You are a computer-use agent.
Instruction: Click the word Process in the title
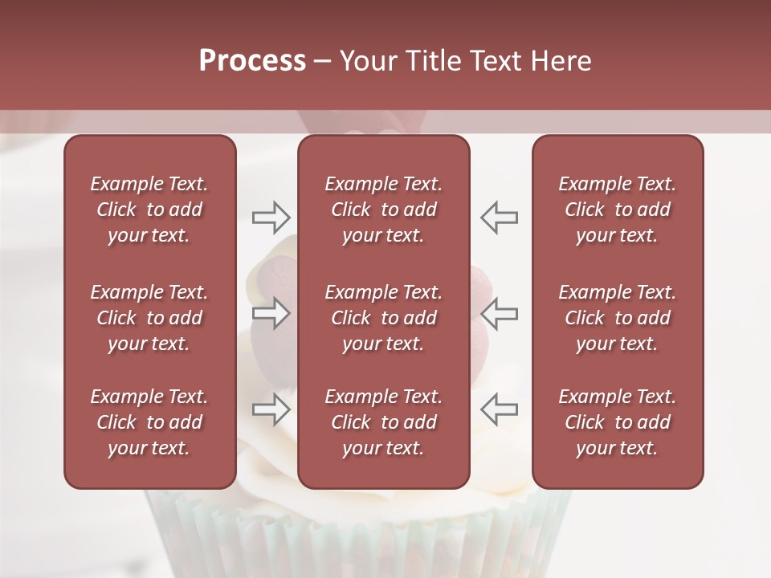click(252, 61)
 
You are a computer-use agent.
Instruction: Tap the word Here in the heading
click(561, 61)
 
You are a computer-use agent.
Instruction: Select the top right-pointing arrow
click(271, 217)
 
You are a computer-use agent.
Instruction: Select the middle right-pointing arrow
click(271, 313)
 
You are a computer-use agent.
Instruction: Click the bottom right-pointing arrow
click(271, 409)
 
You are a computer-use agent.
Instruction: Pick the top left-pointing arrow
click(499, 217)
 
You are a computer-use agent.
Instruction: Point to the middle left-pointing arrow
click(499, 313)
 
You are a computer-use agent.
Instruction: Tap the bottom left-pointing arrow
click(499, 409)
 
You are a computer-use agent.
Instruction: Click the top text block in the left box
click(149, 210)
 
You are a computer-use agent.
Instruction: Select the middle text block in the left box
click(149, 318)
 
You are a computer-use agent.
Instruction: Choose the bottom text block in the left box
click(149, 422)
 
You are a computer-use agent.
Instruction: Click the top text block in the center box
click(383, 210)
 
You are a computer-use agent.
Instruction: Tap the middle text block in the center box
click(383, 318)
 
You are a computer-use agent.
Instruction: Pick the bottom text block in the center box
click(383, 422)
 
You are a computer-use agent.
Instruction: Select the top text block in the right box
click(617, 210)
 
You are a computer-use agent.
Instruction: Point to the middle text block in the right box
click(617, 318)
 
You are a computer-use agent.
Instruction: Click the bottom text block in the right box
click(617, 422)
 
